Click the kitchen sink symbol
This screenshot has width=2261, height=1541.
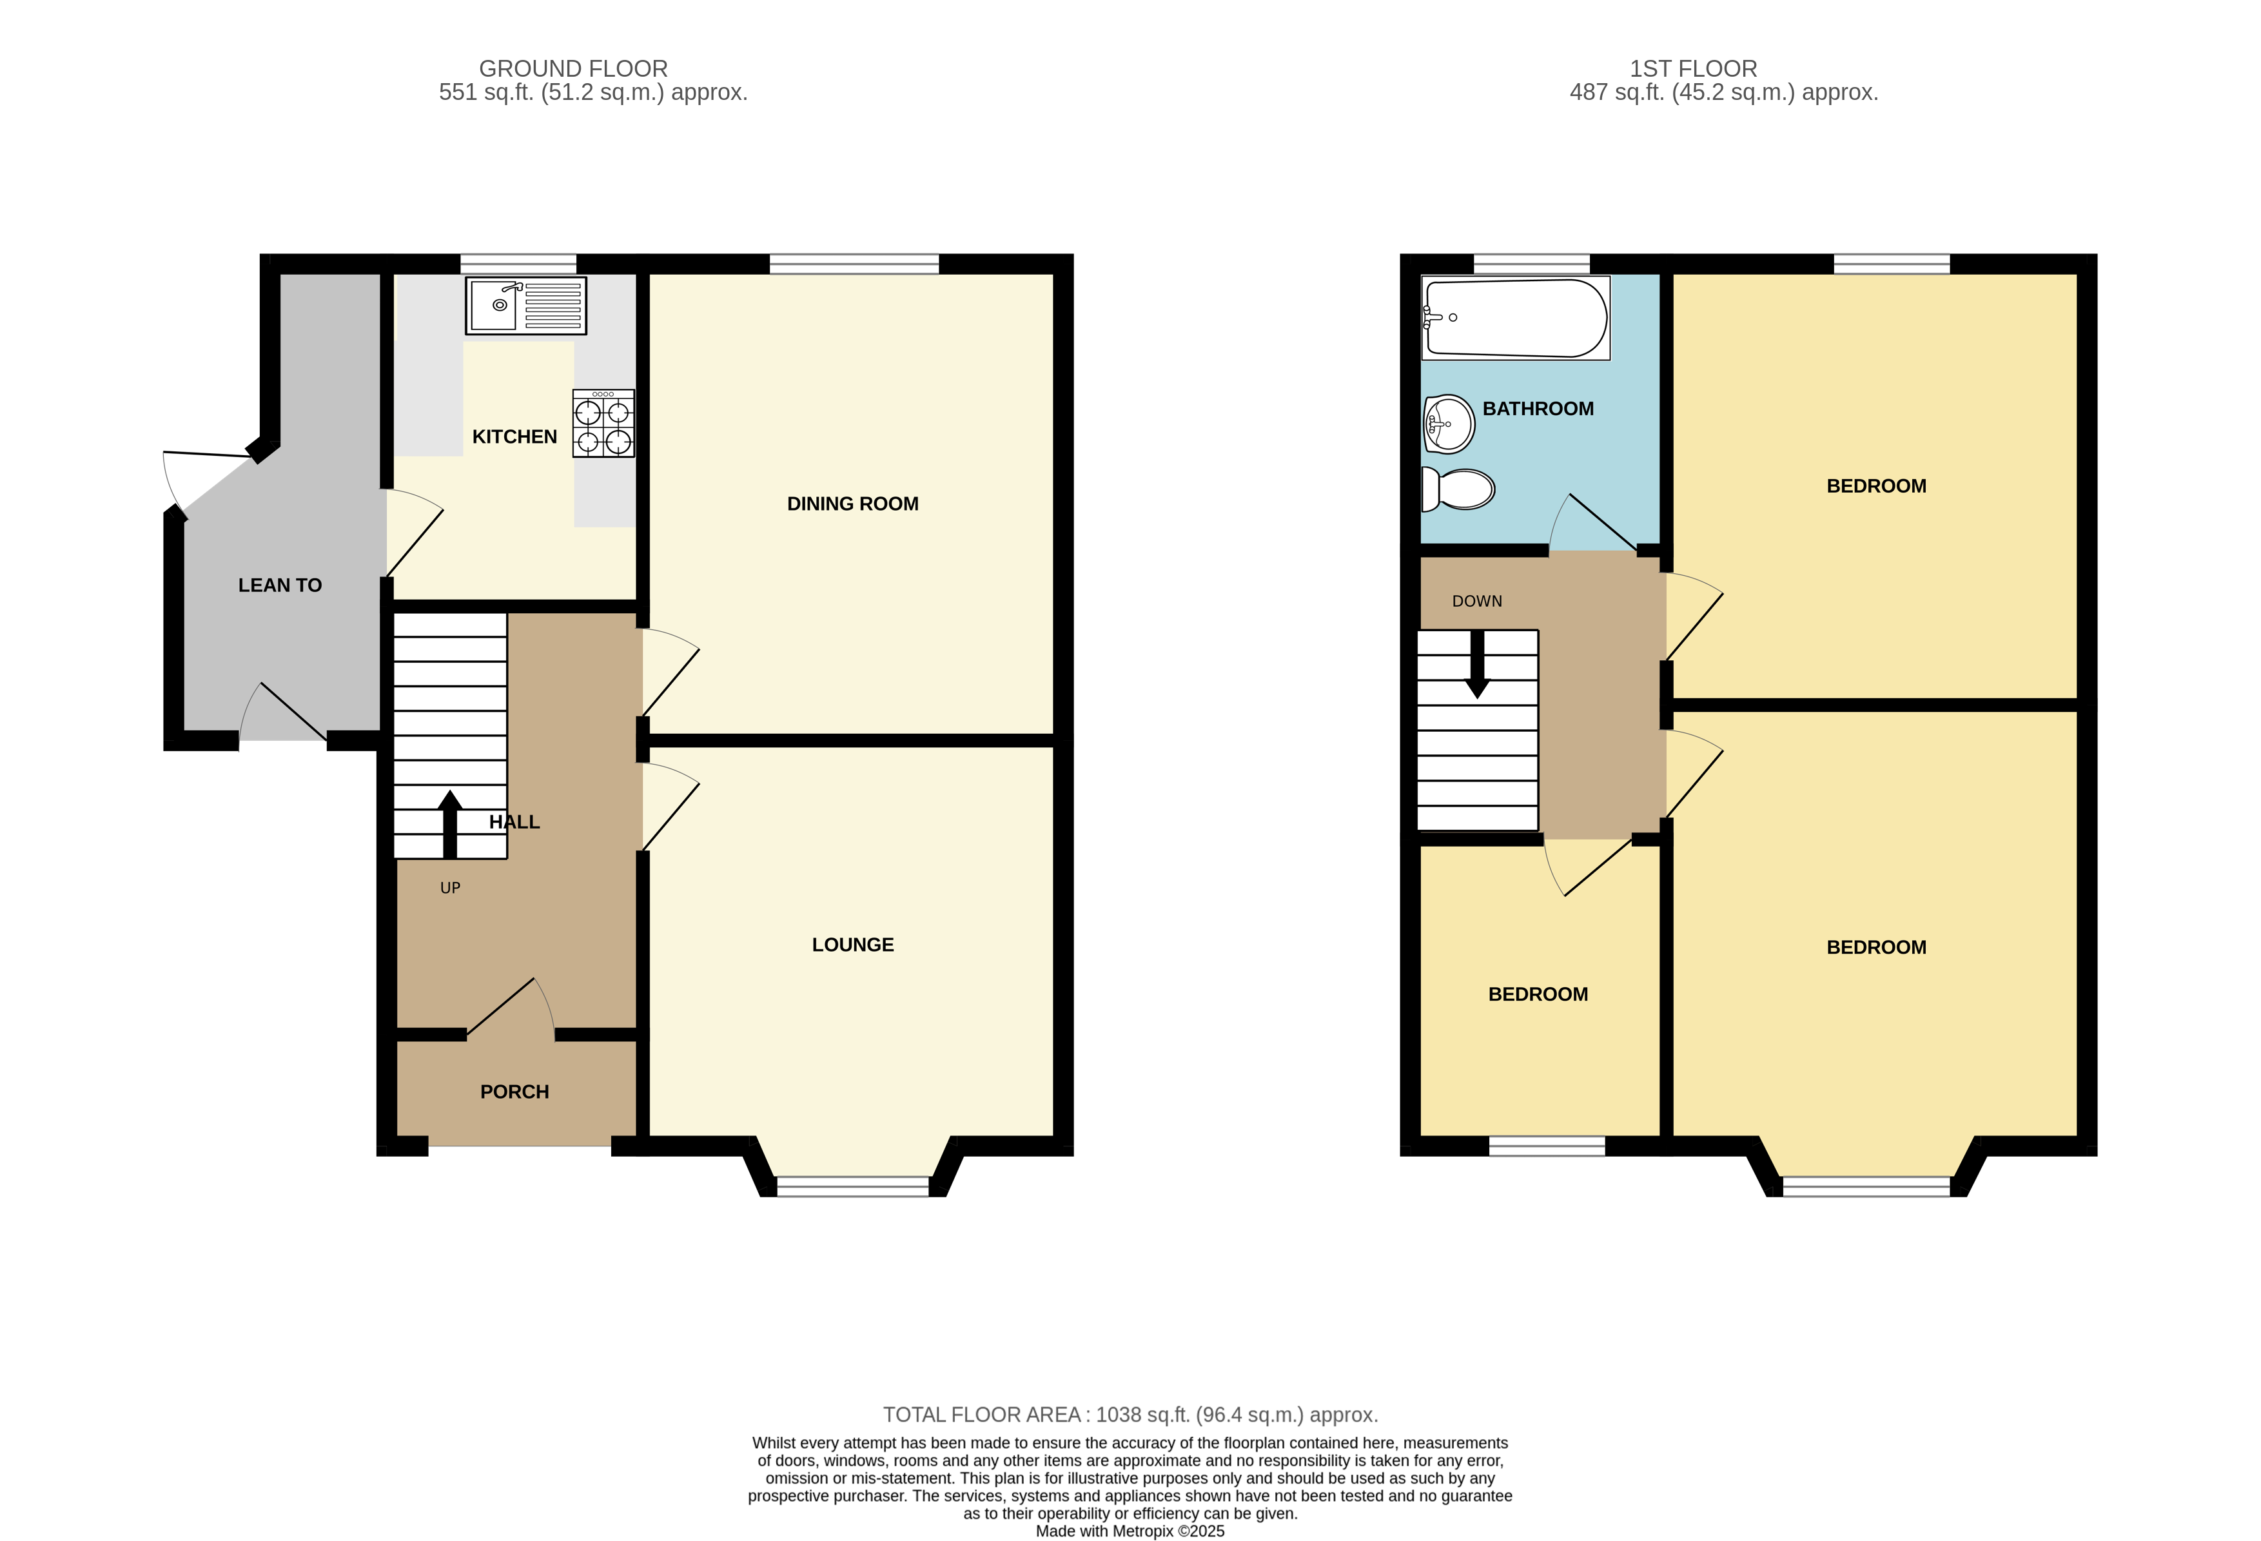525,306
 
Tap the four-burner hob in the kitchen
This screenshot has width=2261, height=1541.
603,423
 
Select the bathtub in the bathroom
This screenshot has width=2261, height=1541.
1515,318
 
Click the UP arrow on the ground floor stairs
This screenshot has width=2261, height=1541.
449,822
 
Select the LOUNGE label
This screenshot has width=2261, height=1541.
852,945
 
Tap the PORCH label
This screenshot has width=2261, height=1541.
514,1092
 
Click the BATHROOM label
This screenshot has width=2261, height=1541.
1537,409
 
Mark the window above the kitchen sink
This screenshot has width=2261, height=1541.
518,264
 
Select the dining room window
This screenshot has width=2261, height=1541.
853,264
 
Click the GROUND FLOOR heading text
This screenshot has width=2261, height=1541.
573,69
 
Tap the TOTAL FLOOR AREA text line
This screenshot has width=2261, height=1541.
1130,1415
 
